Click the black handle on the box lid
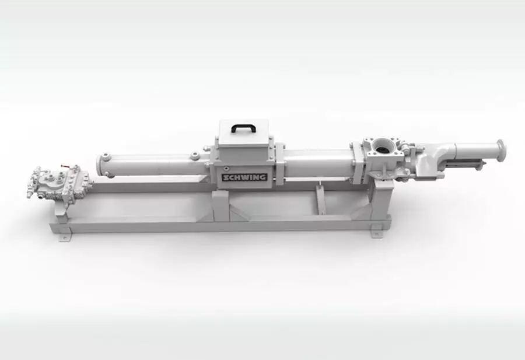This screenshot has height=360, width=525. coord(244,127)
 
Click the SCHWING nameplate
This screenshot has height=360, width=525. coord(244,177)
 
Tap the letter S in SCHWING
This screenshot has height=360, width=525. coord(225,177)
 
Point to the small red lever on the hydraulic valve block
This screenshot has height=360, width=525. coord(64,166)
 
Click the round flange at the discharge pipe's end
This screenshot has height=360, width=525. coord(501,151)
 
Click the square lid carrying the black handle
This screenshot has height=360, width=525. coord(244,132)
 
